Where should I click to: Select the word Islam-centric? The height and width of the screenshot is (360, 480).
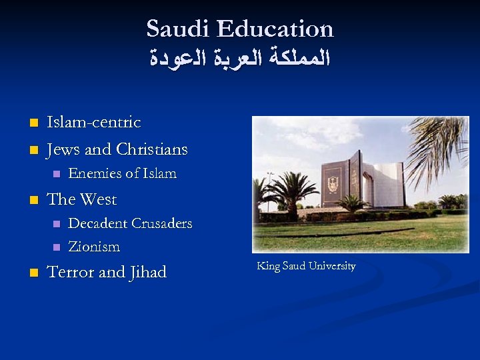click(93, 122)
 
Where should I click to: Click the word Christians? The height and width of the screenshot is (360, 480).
click(152, 149)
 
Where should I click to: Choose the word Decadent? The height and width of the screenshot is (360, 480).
click(97, 223)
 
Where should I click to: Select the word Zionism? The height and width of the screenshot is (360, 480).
click(94, 247)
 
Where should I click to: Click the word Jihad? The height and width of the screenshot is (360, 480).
click(148, 272)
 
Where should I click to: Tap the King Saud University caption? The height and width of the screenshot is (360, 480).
click(306, 266)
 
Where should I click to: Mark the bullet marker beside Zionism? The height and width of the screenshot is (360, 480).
click(56, 247)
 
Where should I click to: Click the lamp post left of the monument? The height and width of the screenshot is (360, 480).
click(269, 190)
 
